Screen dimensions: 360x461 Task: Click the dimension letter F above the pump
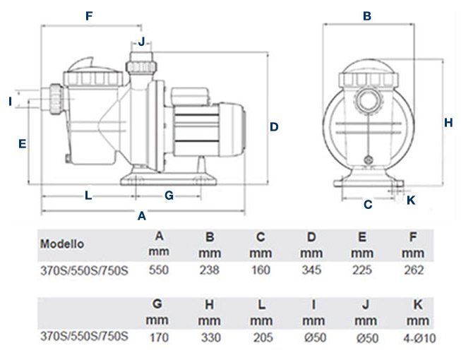tap(89, 16)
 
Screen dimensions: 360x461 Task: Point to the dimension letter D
tap(274, 127)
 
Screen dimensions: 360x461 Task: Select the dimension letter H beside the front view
tap(448, 122)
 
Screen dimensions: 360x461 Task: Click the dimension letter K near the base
tap(412, 200)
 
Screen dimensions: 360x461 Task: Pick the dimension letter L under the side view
tap(88, 196)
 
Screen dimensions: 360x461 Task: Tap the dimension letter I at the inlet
tap(11, 102)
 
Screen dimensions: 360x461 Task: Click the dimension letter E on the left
tap(22, 144)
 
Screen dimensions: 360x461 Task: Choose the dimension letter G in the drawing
tap(169, 196)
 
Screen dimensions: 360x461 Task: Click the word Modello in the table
tap(62, 244)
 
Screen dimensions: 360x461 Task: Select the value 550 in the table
tap(159, 269)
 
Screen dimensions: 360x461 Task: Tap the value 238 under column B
tap(210, 269)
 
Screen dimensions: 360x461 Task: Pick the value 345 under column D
tap(311, 269)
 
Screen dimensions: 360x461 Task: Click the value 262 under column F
tap(414, 269)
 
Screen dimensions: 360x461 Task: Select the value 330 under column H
tap(210, 337)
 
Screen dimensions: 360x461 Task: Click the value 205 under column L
tap(261, 337)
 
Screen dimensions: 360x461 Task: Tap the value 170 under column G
tap(159, 337)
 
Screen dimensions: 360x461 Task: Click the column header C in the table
tap(261, 236)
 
